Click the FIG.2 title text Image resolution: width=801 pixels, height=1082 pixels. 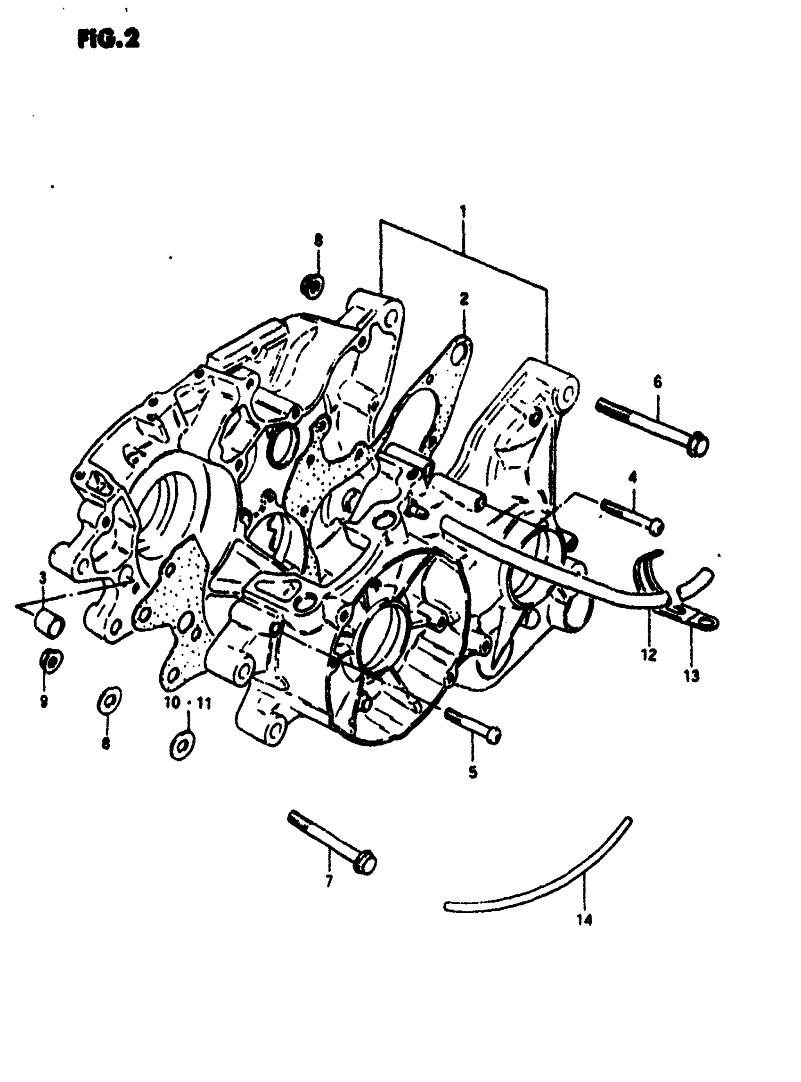107,40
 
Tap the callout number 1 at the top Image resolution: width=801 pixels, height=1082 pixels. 463,211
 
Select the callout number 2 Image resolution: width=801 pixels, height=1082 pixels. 464,299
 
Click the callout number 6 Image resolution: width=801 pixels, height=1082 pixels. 657,382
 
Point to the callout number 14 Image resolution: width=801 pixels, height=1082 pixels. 585,920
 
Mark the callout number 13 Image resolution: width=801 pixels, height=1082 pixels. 692,676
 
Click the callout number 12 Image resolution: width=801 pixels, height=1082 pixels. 648,655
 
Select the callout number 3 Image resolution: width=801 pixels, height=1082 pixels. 43,578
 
